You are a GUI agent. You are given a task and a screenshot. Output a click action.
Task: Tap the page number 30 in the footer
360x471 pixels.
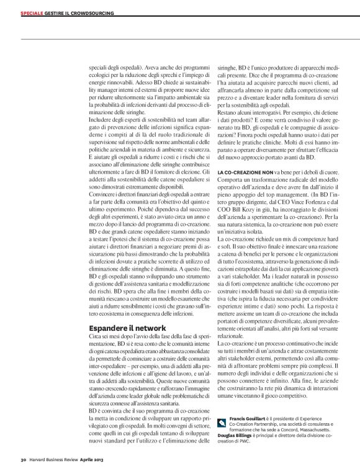click(22, 460)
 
